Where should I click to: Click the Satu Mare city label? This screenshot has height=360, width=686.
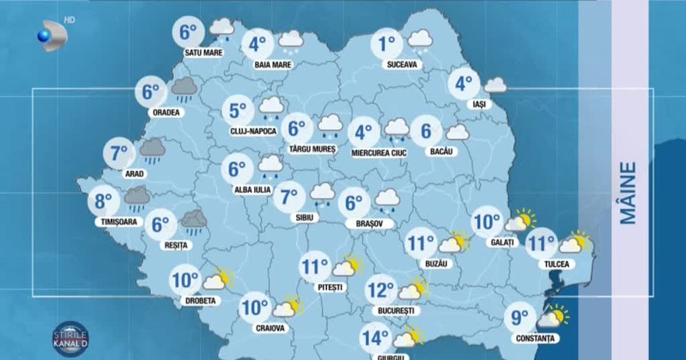(x=203, y=53)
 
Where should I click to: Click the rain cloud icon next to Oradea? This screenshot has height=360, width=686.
(x=184, y=89)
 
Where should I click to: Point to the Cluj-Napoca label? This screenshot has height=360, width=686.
(x=253, y=131)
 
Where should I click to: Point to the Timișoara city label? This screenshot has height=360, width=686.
(x=115, y=222)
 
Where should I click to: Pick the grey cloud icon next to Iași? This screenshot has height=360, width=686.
(x=495, y=86)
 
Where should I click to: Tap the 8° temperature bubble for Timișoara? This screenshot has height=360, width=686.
(x=103, y=201)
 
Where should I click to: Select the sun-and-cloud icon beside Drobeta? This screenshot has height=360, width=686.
(x=218, y=279)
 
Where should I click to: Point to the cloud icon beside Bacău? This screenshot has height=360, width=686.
(x=457, y=133)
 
